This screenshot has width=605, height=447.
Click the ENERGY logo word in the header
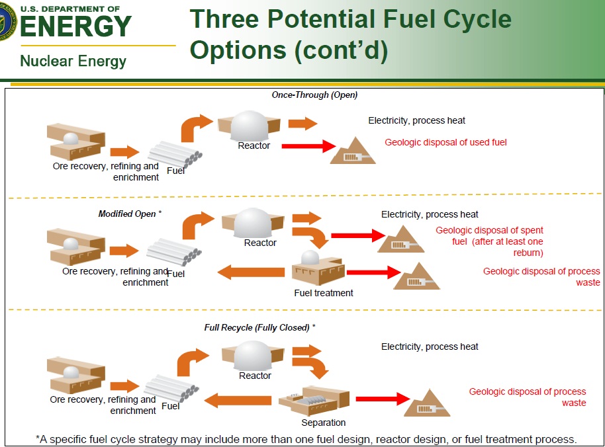pyautogui.click(x=75, y=26)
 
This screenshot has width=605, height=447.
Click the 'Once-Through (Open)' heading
pyautogui.click(x=314, y=95)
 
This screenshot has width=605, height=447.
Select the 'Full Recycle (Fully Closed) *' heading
pyautogui.click(x=259, y=327)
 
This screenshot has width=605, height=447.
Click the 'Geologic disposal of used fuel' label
pyautogui.click(x=445, y=142)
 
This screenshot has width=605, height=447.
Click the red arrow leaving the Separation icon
pyautogui.click(x=383, y=399)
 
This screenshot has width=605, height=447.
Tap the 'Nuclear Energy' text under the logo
pyautogui.click(x=73, y=61)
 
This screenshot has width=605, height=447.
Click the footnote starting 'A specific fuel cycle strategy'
pyautogui.click(x=306, y=439)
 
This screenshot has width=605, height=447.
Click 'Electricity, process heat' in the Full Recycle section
pyautogui.click(x=430, y=346)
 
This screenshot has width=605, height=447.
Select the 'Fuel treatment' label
pyautogui.click(x=324, y=293)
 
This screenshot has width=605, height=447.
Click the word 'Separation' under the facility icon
pyautogui.click(x=323, y=423)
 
